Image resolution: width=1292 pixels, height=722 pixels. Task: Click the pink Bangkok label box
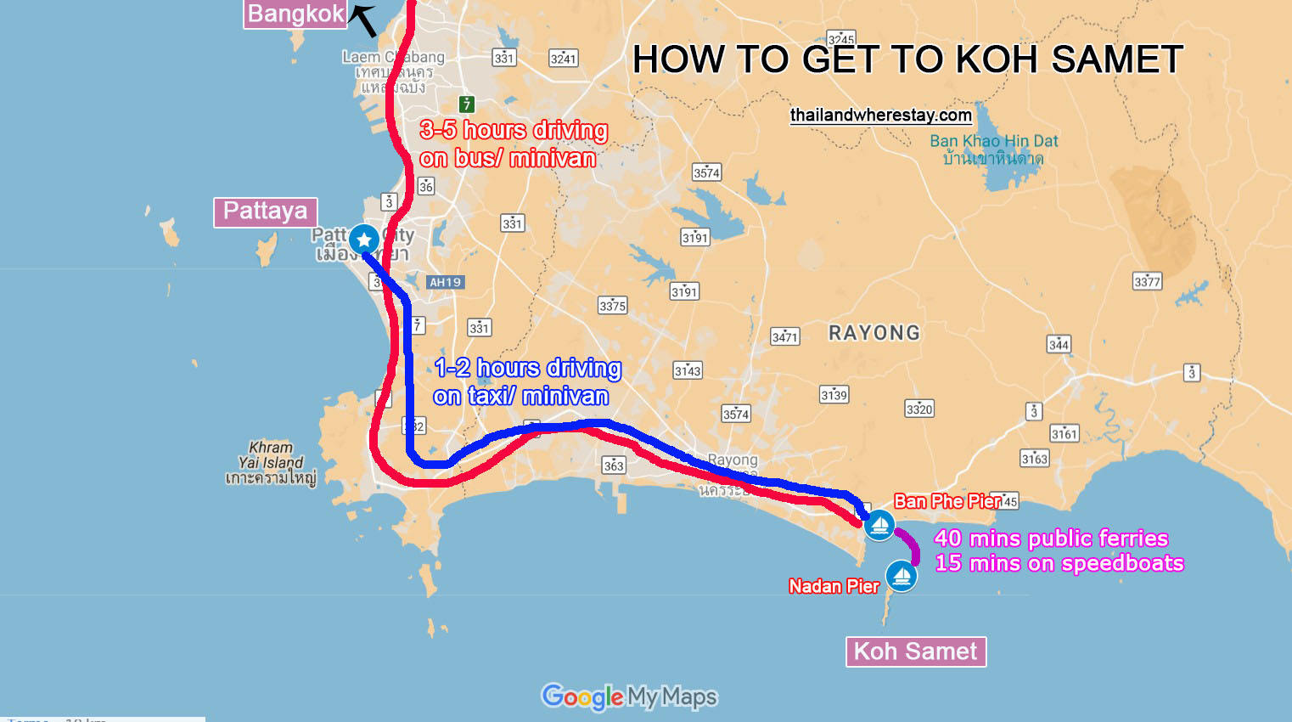coord(295,14)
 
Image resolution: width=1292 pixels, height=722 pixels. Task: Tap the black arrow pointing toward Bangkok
coord(364,20)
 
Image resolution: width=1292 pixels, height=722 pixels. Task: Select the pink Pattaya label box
coord(265,211)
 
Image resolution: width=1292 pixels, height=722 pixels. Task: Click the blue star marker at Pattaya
coord(364,240)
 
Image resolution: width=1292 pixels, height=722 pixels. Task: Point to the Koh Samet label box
coord(915,651)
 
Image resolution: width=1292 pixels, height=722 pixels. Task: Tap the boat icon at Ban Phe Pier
coord(879,525)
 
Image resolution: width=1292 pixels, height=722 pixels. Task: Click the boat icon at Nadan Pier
coord(902,577)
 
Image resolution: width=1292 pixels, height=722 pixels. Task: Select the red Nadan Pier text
coord(834,586)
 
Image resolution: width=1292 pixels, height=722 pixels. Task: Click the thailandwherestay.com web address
coord(880,116)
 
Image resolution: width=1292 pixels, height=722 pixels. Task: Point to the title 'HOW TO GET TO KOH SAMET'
coord(907,59)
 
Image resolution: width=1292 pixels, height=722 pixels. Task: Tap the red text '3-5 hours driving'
coord(514,130)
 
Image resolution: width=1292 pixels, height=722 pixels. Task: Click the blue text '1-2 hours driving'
coord(528,368)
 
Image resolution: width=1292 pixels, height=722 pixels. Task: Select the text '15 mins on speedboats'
coord(1059,563)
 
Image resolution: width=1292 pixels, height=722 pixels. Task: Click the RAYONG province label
coord(874,333)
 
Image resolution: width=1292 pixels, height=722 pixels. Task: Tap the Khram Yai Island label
coord(271,462)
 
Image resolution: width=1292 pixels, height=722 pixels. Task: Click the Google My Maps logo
coord(629,697)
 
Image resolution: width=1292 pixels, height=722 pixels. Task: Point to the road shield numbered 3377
coord(1147,281)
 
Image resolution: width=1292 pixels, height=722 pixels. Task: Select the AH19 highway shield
coord(445,282)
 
